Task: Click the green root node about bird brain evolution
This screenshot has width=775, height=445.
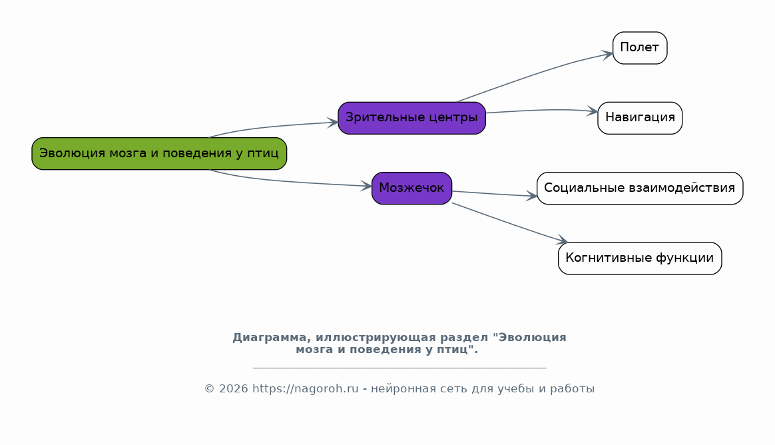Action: tap(159, 154)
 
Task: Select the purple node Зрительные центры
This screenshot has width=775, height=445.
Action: tap(411, 118)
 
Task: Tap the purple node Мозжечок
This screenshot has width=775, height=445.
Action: tap(411, 189)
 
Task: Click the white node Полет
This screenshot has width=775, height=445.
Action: tap(640, 48)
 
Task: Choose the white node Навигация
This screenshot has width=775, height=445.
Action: tap(640, 118)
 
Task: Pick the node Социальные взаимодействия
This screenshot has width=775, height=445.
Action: tap(640, 189)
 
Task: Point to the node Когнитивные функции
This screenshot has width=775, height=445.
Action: tap(640, 258)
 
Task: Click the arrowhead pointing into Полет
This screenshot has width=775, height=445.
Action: tap(607, 54)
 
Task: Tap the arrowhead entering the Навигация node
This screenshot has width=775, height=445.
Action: tap(592, 111)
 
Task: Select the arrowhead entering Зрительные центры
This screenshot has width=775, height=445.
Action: tap(333, 123)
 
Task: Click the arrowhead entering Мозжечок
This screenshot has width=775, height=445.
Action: tap(366, 186)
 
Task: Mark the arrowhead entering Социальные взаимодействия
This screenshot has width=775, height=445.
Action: tap(531, 197)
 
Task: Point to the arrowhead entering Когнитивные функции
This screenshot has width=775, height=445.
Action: tap(562, 240)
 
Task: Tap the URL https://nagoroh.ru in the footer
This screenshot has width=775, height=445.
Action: tap(306, 389)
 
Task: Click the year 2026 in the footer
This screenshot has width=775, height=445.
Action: tap(233, 389)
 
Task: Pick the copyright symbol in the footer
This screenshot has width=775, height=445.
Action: tap(209, 389)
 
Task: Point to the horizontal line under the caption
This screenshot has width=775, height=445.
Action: tap(399, 368)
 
